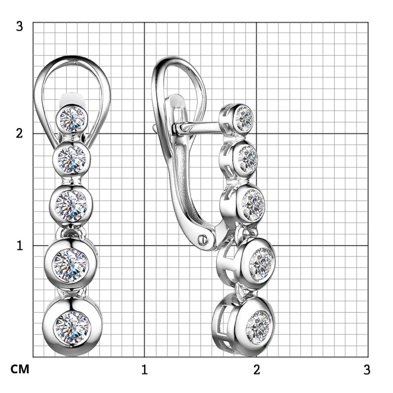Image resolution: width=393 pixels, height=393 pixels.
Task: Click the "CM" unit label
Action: pyautogui.click(x=20, y=369)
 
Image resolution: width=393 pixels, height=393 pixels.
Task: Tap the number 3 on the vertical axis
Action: pyautogui.click(x=19, y=26)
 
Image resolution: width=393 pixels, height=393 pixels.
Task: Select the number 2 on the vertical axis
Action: pyautogui.click(x=19, y=134)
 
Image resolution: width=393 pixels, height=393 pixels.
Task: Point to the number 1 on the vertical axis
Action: pyautogui.click(x=20, y=246)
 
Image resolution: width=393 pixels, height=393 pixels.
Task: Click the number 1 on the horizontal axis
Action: pyautogui.click(x=144, y=369)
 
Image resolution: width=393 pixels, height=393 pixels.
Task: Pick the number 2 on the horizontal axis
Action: pyautogui.click(x=257, y=369)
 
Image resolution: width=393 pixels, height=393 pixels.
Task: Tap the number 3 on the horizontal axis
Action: pyautogui.click(x=367, y=369)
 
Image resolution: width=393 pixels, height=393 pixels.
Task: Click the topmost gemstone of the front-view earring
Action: pyautogui.click(x=72, y=118)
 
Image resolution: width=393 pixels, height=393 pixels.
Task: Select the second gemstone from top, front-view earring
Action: pyautogui.click(x=72, y=158)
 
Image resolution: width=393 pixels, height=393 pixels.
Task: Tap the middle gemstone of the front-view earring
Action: pyautogui.click(x=71, y=205)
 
